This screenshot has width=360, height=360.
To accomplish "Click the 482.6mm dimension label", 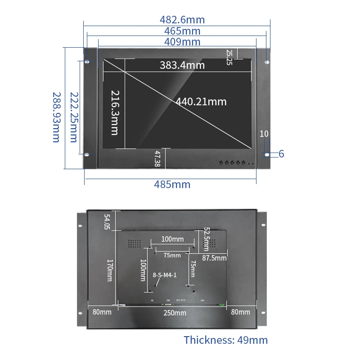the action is [x=182, y=20].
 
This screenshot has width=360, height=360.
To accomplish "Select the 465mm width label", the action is [x=182, y=31].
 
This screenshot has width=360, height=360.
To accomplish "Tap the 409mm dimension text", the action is [x=182, y=42].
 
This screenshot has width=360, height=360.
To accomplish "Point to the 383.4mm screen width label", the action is [x=182, y=65].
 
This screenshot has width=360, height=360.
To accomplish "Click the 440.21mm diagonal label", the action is [x=201, y=102].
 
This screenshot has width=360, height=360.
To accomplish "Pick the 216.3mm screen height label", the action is [x=115, y=112].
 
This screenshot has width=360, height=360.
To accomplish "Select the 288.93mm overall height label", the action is [x=57, y=117].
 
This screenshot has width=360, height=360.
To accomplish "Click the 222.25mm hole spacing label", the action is [x=74, y=117].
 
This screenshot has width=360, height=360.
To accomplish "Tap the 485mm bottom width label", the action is [x=172, y=184].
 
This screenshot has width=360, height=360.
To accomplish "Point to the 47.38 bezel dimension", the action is [x=157, y=159].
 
